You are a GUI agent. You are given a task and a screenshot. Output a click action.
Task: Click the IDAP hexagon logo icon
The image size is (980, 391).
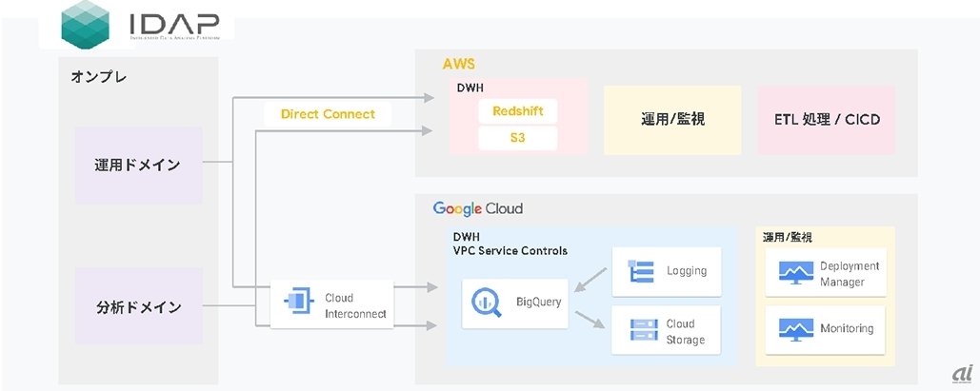(x=85, y=25)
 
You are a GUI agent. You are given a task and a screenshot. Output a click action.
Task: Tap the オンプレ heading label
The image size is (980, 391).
(x=99, y=77)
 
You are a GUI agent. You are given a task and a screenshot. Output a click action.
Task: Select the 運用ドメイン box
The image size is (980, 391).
(x=138, y=165)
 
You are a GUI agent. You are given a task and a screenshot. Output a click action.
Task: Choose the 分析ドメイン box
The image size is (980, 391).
(x=138, y=307)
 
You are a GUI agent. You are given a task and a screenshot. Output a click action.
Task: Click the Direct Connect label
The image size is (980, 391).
(x=328, y=114)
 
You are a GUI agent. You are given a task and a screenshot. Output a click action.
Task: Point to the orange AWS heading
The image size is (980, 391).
(x=458, y=65)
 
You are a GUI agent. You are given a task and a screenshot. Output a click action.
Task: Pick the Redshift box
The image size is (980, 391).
(x=517, y=111)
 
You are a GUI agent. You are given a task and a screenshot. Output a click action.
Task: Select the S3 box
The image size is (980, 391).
(x=517, y=138)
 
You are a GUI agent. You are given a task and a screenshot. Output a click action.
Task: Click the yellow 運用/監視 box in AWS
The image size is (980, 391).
(x=672, y=120)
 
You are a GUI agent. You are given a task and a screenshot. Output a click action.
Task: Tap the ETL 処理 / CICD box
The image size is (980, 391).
(x=827, y=120)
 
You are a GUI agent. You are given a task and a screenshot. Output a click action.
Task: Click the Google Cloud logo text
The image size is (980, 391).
(x=478, y=208)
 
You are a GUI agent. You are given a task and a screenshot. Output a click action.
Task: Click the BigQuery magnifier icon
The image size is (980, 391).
(x=482, y=303)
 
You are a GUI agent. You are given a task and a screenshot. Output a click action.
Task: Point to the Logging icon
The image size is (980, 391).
(x=639, y=271)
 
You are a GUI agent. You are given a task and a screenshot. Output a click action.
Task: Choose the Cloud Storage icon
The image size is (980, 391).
(x=639, y=330)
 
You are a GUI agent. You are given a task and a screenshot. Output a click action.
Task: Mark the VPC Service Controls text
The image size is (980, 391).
(x=510, y=250)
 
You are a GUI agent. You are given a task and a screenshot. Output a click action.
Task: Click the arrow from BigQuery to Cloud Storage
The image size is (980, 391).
(x=590, y=321)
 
